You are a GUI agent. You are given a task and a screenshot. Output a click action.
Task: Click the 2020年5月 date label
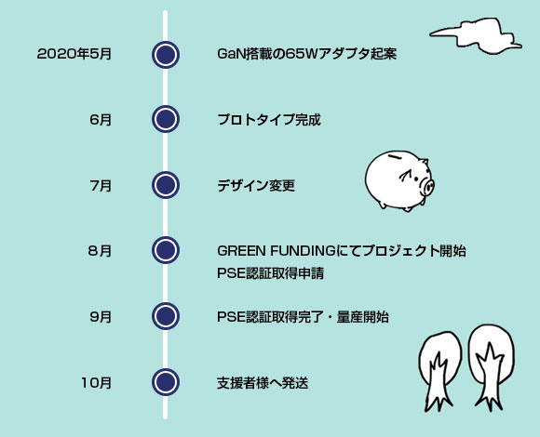point(74,54)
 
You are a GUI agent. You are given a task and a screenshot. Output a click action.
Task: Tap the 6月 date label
point(101,120)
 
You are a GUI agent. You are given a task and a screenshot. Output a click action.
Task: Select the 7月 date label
point(101,186)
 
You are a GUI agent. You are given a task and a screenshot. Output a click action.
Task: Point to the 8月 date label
point(100,251)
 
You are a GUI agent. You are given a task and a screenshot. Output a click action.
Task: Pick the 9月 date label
point(101,317)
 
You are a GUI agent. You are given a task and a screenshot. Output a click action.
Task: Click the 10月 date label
point(97,383)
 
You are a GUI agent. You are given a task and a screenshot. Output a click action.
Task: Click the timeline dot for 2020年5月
point(166,55)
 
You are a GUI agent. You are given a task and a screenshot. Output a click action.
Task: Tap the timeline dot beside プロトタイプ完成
point(166,119)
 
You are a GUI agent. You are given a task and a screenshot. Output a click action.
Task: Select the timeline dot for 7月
point(166,185)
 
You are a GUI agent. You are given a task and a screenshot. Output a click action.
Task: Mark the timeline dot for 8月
point(166,250)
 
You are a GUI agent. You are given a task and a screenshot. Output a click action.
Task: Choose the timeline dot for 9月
point(166,316)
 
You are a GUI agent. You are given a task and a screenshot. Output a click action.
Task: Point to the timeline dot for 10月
point(166,382)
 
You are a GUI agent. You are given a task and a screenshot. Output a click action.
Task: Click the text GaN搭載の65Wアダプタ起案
point(307,54)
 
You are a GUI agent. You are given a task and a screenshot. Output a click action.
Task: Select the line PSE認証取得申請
point(270,273)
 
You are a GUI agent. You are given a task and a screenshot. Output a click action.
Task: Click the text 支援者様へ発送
point(263,383)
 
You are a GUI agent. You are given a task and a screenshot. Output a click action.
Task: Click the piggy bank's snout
point(428,188)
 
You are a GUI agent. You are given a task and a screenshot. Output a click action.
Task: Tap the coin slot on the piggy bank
point(397,158)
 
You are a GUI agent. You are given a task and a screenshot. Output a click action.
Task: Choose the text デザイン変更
point(256,186)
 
